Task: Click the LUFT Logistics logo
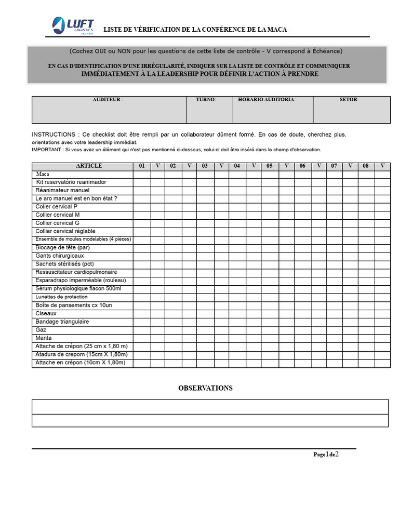point(73,26)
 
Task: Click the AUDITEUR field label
point(108,99)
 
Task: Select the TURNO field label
point(206,99)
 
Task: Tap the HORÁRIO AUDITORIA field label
point(267,99)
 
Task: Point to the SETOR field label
point(349,99)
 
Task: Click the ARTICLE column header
point(89,166)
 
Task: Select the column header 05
point(269,166)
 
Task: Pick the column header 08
point(366,166)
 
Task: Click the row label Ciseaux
point(46,313)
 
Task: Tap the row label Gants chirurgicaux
point(60,256)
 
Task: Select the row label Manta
point(44,338)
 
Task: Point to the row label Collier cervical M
point(58,215)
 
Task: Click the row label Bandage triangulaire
point(62,322)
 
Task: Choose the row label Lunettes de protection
point(62,297)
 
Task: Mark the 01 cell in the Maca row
point(142,175)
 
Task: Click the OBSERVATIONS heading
point(205,388)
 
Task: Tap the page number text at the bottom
point(326,455)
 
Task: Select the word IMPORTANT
point(46,150)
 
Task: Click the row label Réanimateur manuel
point(62,190)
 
